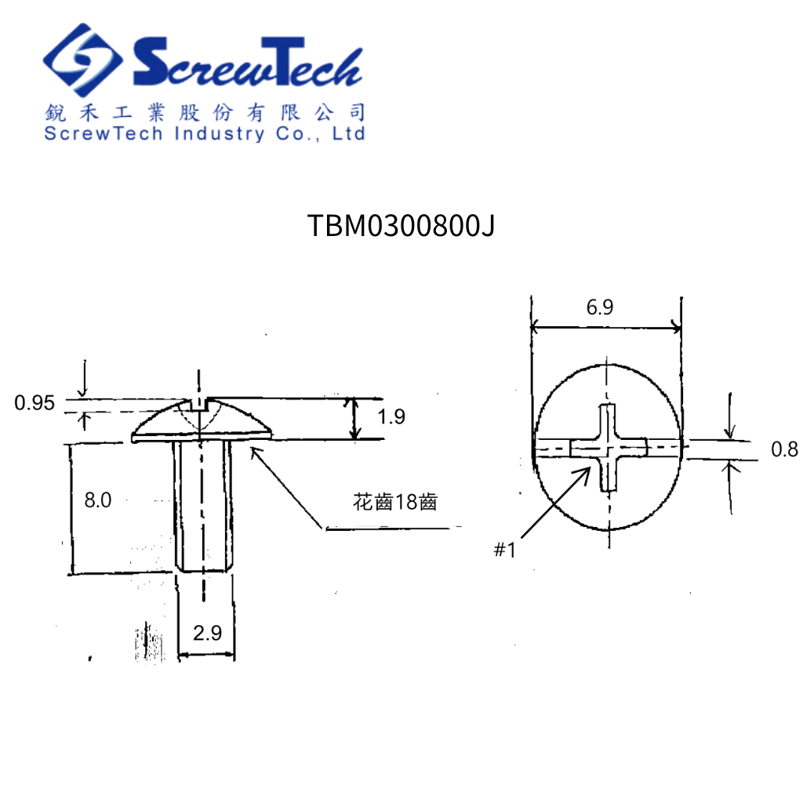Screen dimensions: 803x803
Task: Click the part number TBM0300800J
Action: tap(401, 226)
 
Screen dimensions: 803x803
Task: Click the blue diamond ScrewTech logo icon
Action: tap(82, 61)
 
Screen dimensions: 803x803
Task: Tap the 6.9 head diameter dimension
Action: tap(600, 307)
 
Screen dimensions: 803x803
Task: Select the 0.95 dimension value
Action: tap(35, 403)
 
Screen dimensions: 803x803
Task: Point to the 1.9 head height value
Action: tap(391, 417)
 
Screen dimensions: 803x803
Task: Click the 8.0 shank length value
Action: tap(97, 500)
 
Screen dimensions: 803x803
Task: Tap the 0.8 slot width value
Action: tap(784, 449)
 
